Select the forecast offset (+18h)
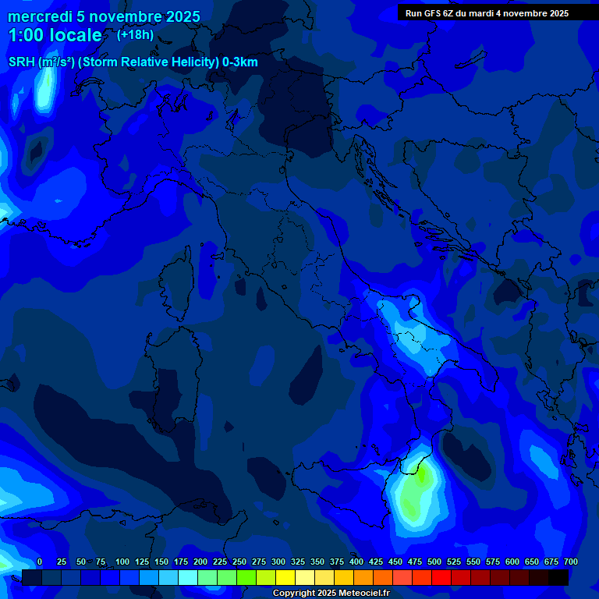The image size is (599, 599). pyautogui.click(x=135, y=34)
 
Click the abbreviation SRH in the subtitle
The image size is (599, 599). pyautogui.click(x=22, y=62)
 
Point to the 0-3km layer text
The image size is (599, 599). pyautogui.click(x=240, y=62)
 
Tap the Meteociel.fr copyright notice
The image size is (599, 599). pyautogui.click(x=331, y=594)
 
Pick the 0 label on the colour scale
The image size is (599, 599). pyautogui.click(x=40, y=562)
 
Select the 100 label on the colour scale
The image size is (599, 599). pyautogui.click(x=122, y=562)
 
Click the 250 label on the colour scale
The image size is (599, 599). pyautogui.click(x=239, y=562)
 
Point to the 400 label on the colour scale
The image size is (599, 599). pyautogui.click(x=356, y=562)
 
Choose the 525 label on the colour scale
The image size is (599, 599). pyautogui.click(x=454, y=562)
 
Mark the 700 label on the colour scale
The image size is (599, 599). pyautogui.click(x=570, y=562)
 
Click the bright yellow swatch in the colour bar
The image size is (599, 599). pyautogui.click(x=285, y=577)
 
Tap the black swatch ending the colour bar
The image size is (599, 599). pyautogui.click(x=558, y=577)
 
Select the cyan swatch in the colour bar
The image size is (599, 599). pyautogui.click(x=188, y=577)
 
